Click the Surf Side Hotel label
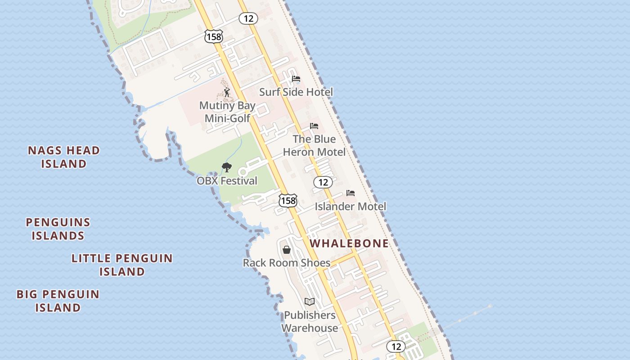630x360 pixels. (x=296, y=92)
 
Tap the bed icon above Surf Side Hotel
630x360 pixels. (x=296, y=79)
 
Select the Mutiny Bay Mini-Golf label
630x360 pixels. (x=227, y=112)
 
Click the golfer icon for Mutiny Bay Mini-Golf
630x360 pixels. (x=227, y=93)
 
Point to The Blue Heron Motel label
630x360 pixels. (x=314, y=145)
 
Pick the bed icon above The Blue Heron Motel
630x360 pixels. (x=314, y=126)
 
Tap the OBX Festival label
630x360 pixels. (x=227, y=181)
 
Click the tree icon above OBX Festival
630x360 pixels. (x=227, y=167)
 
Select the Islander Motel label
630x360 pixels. (x=350, y=207)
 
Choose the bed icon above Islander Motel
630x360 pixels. (x=351, y=193)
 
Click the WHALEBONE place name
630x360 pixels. (x=349, y=243)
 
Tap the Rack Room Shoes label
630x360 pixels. (x=287, y=263)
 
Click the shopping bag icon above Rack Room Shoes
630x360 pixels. (x=287, y=249)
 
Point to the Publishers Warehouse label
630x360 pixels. (x=310, y=321)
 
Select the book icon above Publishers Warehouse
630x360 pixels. (x=309, y=301)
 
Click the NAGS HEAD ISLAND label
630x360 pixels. (x=64, y=157)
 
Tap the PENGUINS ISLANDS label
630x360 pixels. (x=58, y=229)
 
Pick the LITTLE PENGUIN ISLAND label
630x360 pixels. (x=122, y=265)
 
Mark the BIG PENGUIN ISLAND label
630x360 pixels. (x=58, y=301)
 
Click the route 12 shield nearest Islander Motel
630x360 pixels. (x=323, y=182)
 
